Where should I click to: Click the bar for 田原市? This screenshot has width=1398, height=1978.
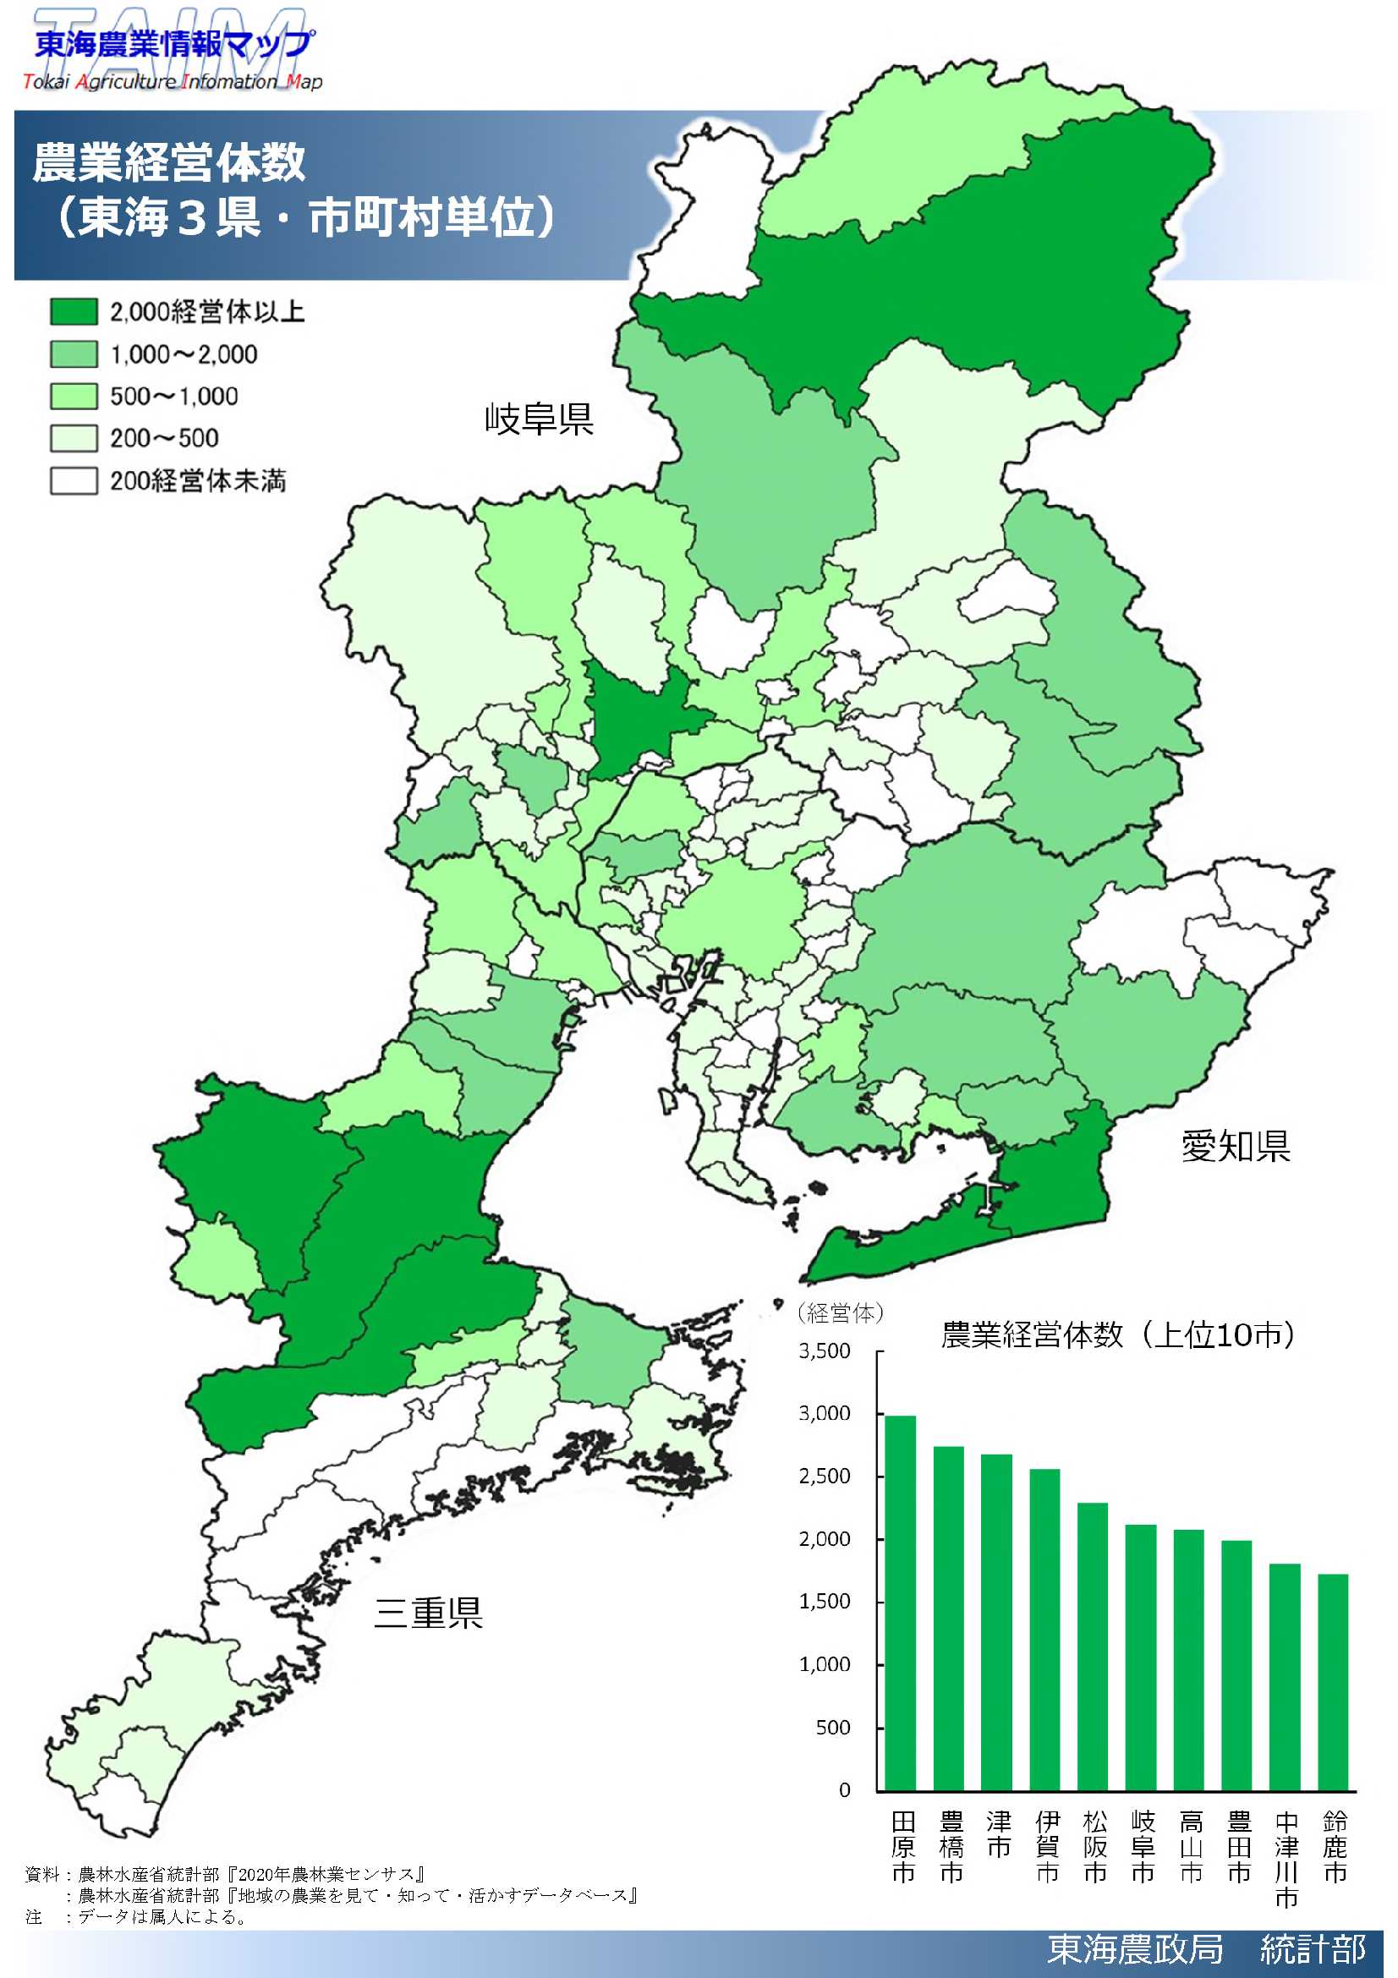901,1603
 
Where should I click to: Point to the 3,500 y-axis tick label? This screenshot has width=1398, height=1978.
825,1351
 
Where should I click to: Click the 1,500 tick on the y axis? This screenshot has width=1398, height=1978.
825,1602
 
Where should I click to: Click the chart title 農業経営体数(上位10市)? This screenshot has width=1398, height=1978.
1118,1334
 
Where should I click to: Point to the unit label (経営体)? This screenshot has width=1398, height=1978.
840,1313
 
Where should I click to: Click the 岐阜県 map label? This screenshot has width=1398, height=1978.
540,419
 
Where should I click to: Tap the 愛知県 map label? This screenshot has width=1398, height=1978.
1236,1146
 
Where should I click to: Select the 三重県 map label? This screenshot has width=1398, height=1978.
428,1612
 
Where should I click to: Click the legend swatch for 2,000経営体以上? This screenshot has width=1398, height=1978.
74,312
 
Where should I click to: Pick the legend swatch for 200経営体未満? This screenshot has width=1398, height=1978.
74,480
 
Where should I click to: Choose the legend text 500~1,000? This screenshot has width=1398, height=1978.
174,397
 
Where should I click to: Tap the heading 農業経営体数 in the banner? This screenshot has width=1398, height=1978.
169,162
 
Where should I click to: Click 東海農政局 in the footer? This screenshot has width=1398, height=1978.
1134,1948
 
